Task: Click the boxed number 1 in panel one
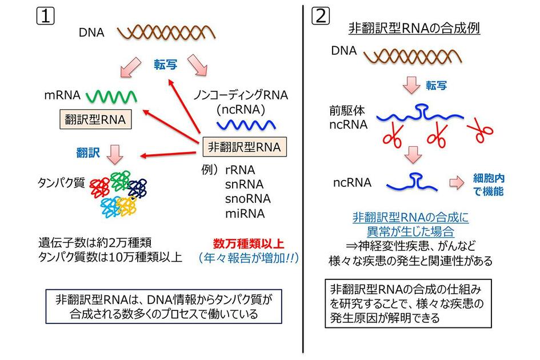[45, 15]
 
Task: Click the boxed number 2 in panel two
[321, 15]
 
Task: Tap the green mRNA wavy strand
[111, 95]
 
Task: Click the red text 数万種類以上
[249, 241]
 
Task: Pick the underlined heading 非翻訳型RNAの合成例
[414, 27]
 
